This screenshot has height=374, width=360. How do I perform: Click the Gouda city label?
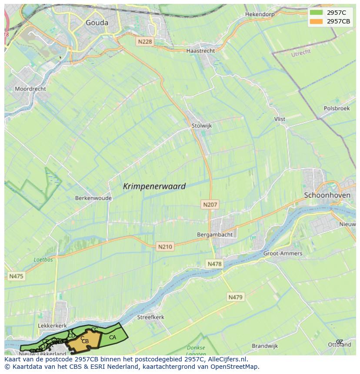[x=97, y=23]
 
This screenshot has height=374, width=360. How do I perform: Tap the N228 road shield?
[x=144, y=41]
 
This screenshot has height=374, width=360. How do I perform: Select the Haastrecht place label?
[x=200, y=51]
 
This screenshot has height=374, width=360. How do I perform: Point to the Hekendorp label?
[x=260, y=14]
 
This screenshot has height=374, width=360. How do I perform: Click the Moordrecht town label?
[x=30, y=89]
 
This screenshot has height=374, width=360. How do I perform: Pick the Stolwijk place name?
[x=201, y=126]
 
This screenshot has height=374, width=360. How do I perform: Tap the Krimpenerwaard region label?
[x=154, y=186]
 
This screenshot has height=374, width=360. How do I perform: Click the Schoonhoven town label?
[x=327, y=195]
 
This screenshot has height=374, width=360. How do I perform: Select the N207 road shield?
[x=210, y=204]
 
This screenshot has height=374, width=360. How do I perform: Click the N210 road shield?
[x=165, y=247]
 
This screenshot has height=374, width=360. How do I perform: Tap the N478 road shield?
[x=214, y=264]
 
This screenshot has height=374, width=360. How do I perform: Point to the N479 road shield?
[x=236, y=297]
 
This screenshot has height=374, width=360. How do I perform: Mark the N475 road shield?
[x=16, y=276]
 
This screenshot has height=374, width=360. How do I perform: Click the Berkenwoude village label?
[x=93, y=198]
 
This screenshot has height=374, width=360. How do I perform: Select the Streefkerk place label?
[x=150, y=317]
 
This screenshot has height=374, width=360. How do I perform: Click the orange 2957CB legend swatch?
[x=317, y=21]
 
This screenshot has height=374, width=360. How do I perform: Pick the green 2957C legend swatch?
[x=317, y=13]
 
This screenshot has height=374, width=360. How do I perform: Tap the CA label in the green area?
[x=113, y=338]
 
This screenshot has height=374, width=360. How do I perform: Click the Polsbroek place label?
[x=337, y=108]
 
